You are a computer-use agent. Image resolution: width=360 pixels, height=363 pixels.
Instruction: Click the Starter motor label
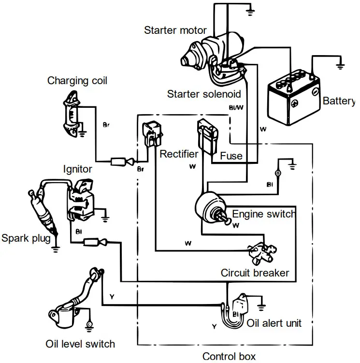[x=175, y=30]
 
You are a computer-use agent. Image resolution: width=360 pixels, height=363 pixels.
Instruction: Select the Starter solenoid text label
[x=204, y=94]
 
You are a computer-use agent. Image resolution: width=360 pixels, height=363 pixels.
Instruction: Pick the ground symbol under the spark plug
[x=56, y=249]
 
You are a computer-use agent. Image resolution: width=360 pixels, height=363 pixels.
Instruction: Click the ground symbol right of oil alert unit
[x=262, y=305]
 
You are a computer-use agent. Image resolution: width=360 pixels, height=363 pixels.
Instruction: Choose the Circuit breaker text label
[x=255, y=273]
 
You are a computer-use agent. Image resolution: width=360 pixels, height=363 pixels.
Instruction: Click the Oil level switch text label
[x=80, y=344]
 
